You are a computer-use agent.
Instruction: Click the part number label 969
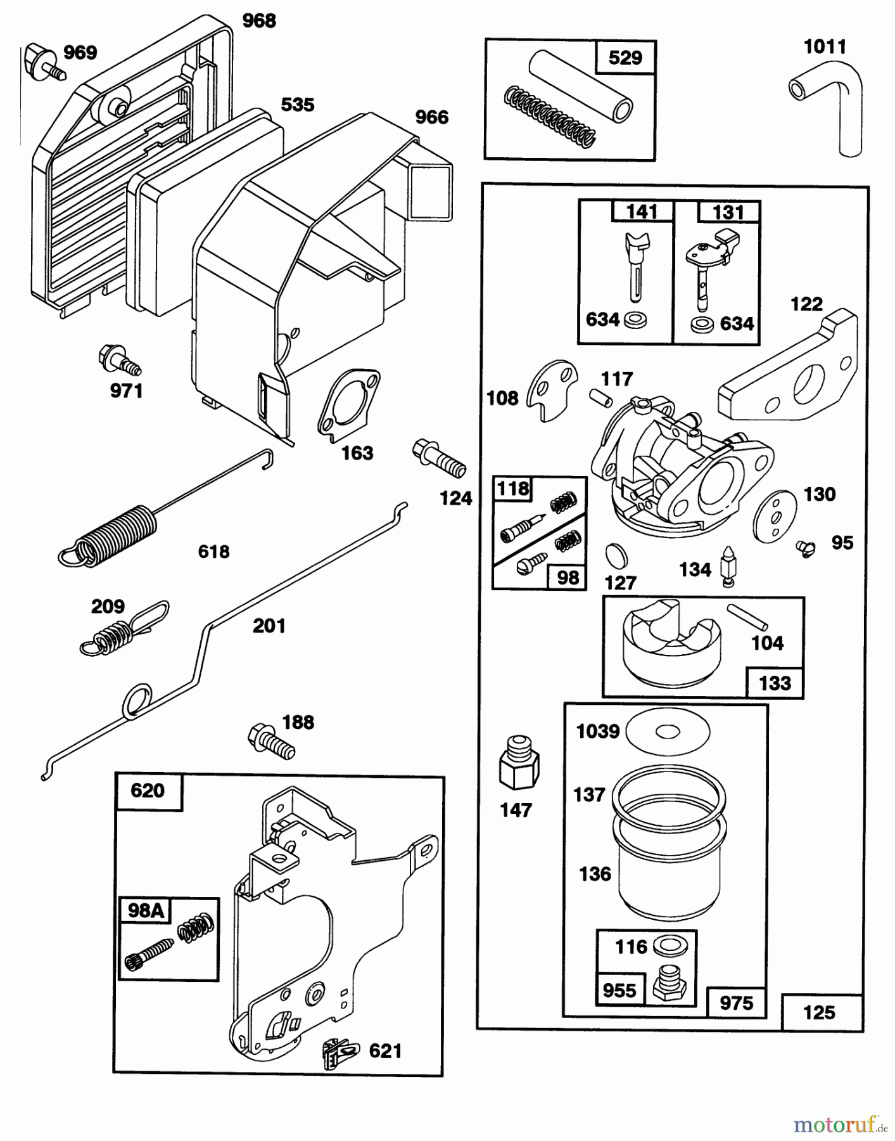[80, 52]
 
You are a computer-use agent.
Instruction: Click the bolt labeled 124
[439, 460]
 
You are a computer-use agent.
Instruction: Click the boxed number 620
[148, 791]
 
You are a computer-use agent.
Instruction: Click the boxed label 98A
[146, 911]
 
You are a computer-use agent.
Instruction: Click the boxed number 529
[625, 58]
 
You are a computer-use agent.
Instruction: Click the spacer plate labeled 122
[789, 374]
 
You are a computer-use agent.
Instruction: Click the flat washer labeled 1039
[667, 732]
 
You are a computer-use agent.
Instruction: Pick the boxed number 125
[819, 1012]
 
